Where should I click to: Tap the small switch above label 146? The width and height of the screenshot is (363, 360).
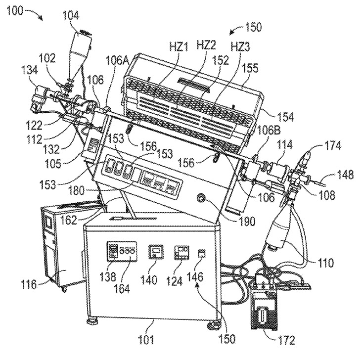tap(202, 254)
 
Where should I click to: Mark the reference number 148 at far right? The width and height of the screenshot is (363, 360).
tap(345, 175)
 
